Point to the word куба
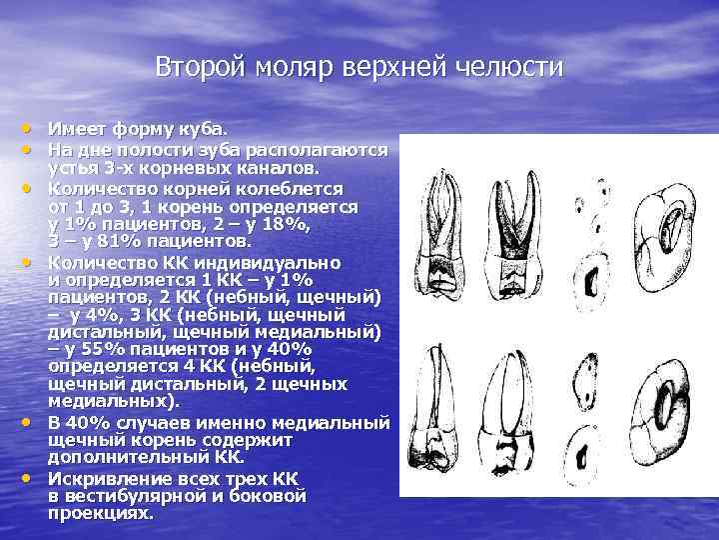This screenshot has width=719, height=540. [x=204, y=129]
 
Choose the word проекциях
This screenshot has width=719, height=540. [x=100, y=514]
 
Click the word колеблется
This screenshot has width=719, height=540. [x=295, y=187]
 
